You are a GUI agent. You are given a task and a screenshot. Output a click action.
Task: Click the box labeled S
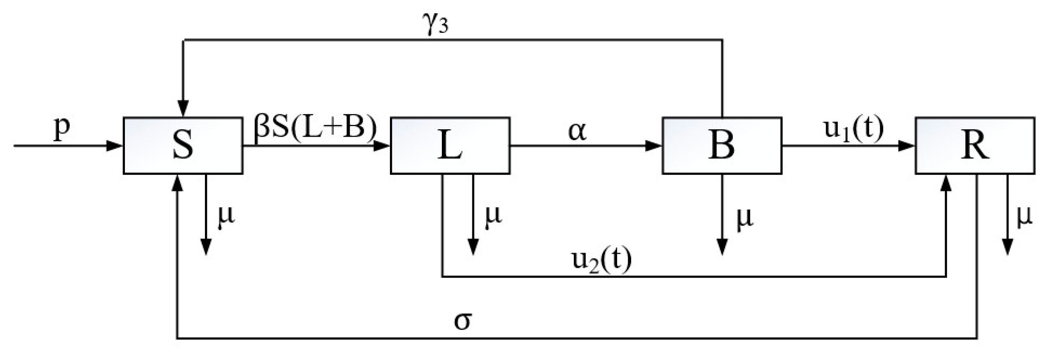tap(183, 146)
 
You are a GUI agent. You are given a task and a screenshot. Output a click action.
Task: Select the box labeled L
tap(450, 146)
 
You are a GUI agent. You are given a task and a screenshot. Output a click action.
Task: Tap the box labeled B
tap(721, 146)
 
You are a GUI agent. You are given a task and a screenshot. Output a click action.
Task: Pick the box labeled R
tap(975, 146)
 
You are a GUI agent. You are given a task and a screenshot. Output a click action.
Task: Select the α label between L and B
tap(578, 131)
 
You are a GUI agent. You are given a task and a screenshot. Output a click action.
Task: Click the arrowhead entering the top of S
tap(183, 109)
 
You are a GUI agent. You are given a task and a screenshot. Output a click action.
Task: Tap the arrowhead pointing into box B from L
tap(654, 146)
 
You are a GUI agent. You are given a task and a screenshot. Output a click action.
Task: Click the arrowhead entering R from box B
tap(907, 146)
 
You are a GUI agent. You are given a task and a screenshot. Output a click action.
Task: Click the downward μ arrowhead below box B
tap(722, 247)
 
